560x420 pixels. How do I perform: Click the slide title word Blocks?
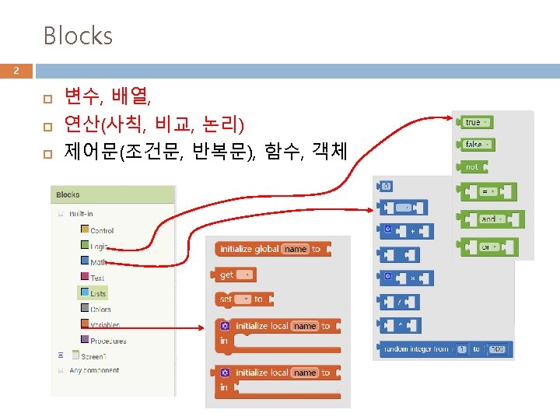78,36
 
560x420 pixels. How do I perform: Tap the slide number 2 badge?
15,72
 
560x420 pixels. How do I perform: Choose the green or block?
488,247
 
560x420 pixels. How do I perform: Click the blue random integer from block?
444,349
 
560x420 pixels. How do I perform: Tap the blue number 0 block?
387,186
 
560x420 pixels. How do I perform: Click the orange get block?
233,275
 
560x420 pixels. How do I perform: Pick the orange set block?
241,299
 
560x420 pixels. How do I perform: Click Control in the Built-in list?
101,230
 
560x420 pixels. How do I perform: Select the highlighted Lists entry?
97,293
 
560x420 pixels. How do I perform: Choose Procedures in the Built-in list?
107,341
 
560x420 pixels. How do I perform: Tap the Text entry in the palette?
97,278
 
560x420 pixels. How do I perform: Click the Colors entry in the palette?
100,310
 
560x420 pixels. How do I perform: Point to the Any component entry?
93,370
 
